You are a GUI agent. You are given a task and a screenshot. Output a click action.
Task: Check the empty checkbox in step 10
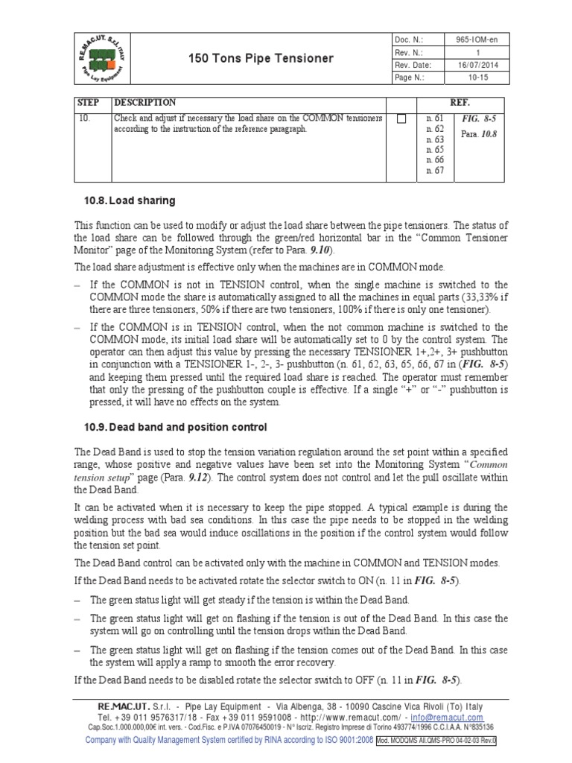(401, 118)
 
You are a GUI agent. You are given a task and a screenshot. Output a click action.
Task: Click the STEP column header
(88, 102)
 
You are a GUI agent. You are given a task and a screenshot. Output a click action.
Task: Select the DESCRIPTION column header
(145, 102)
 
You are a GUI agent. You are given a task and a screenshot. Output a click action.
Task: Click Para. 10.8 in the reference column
(479, 134)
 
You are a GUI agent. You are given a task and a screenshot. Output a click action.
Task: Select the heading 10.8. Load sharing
(130, 200)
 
